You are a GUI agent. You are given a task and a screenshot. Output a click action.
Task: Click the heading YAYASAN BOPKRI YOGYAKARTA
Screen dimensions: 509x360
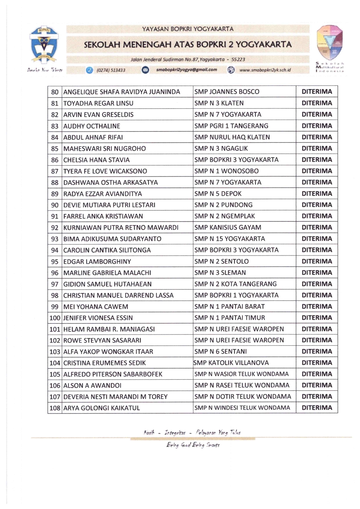pos(188,29)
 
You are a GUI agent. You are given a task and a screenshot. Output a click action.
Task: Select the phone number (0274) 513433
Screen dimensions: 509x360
pos(111,70)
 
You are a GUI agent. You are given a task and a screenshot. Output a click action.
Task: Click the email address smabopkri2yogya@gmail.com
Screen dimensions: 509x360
pos(186,70)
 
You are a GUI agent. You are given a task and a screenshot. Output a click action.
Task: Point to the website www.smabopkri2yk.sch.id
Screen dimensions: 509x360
pos(265,70)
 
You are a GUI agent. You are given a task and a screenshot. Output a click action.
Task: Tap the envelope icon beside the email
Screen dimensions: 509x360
pos(145,70)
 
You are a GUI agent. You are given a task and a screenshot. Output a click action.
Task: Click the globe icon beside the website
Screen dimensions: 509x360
pos(231,70)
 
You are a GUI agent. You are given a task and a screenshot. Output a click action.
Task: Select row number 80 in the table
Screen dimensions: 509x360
pos(55,92)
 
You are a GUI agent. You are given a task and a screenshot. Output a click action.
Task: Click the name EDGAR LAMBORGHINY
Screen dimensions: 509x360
pos(97,261)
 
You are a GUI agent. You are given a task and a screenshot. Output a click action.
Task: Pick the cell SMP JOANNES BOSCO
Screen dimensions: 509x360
pos(227,92)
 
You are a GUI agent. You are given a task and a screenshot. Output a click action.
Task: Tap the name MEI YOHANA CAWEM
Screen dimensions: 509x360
pos(96,307)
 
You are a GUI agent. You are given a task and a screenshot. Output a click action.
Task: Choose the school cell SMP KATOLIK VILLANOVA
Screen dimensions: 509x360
pos(231,363)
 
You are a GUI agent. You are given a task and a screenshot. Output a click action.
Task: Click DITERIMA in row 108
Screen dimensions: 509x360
pos(317,408)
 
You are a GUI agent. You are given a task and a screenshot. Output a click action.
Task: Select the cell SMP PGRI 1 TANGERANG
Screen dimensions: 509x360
pos(231,126)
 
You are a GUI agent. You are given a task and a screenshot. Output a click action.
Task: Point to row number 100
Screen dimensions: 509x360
pos(55,318)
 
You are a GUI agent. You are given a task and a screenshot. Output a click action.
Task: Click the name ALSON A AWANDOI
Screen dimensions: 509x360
pos(92,385)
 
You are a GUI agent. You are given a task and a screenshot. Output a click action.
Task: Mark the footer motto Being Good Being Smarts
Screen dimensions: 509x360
pos(193,445)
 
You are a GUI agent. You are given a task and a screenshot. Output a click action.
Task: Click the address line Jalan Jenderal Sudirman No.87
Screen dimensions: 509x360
pos(188,60)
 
